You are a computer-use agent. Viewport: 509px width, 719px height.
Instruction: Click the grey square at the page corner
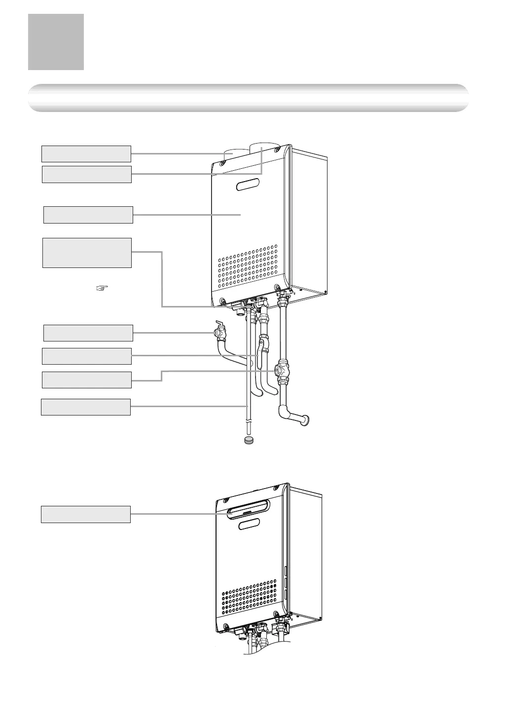point(56,42)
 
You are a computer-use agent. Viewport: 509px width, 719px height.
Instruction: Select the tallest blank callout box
point(87,253)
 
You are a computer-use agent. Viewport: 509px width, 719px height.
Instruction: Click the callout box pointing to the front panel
point(88,215)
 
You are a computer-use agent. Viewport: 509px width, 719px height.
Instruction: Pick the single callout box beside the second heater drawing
point(85,514)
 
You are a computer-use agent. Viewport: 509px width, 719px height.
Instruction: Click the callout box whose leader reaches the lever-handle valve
point(88,333)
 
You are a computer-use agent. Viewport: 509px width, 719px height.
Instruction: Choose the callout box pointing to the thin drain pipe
point(85,407)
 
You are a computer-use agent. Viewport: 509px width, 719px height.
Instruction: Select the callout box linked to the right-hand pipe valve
point(86,380)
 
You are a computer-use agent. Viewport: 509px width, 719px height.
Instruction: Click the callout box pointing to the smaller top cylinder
point(86,154)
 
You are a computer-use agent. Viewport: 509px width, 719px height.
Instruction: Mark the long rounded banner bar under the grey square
point(248,98)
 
